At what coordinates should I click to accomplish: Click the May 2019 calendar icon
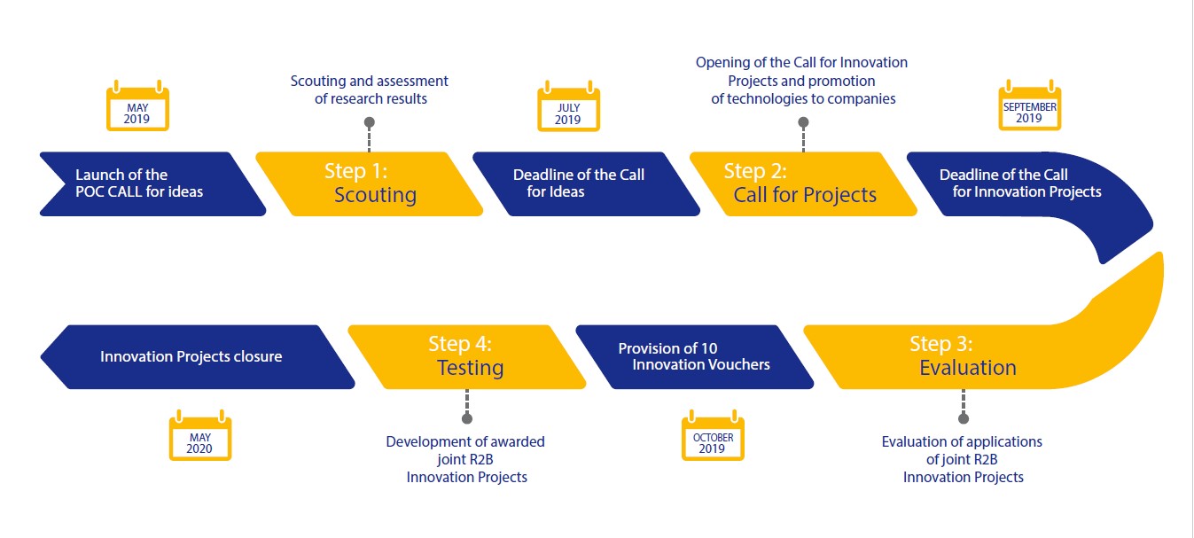tap(137, 106)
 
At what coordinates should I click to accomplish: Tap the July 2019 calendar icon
tap(568, 106)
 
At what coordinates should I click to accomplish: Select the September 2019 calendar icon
tap(1029, 105)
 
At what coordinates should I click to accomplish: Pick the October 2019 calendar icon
tap(713, 435)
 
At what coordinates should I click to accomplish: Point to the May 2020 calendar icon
tap(200, 435)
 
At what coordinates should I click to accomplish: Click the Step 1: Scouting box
tap(370, 184)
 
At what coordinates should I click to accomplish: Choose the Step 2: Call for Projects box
tap(803, 184)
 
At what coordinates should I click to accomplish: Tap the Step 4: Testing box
tap(467, 356)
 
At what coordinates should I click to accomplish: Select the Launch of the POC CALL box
tap(153, 184)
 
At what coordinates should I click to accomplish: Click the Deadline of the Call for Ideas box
tap(586, 184)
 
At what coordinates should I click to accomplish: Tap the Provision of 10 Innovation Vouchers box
tap(695, 356)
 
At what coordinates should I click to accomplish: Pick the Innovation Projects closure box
tap(198, 356)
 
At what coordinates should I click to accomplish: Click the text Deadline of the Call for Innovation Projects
tap(1020, 183)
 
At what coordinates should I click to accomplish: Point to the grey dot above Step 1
tap(370, 122)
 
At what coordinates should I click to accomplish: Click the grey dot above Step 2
tap(803, 122)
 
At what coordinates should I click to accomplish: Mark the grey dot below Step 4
tap(467, 418)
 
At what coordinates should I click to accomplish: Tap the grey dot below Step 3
tap(964, 418)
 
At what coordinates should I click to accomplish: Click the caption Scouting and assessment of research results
tap(370, 90)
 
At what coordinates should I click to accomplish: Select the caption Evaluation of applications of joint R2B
tap(962, 450)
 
